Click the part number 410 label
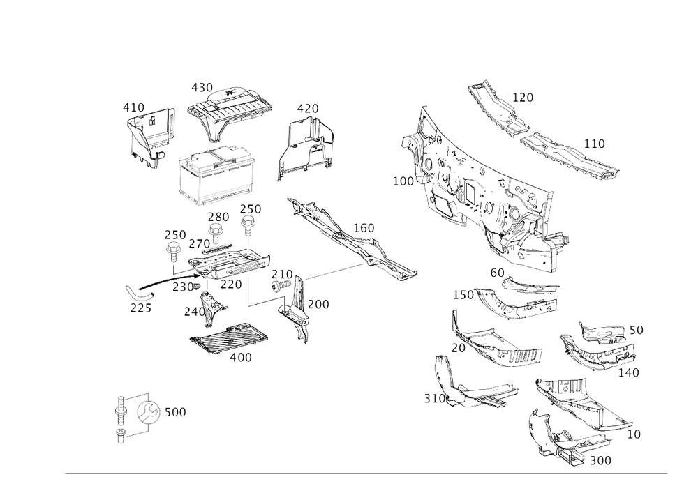point(133,107)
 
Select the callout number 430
point(202,88)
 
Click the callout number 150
point(363,228)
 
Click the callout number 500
point(174,413)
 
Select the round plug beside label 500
point(148,411)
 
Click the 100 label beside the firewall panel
point(403,181)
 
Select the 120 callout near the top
point(522,98)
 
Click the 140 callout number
point(630,373)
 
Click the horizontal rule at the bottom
point(366,473)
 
